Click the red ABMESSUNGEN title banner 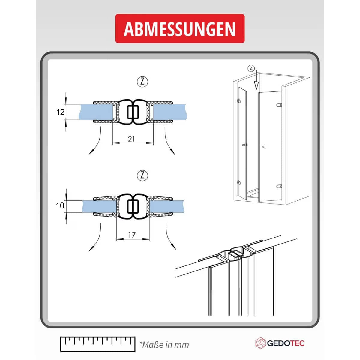(x=180, y=28)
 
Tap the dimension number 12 (x=60, y=112)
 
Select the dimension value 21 (x=131, y=139)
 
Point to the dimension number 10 (x=60, y=206)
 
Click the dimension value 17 (x=132, y=235)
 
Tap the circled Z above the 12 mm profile (x=142, y=82)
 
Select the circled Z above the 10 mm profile (x=142, y=175)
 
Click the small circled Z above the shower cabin (x=251, y=68)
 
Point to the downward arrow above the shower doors (x=257, y=80)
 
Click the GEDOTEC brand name (x=286, y=343)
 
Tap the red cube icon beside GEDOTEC (x=261, y=343)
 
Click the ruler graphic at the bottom (x=98, y=344)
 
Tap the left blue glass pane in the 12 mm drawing (x=96, y=112)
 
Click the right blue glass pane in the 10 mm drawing (x=166, y=206)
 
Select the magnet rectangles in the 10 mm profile (x=133, y=206)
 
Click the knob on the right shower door (x=264, y=147)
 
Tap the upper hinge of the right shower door (x=279, y=105)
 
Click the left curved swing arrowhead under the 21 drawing (x=91, y=152)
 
